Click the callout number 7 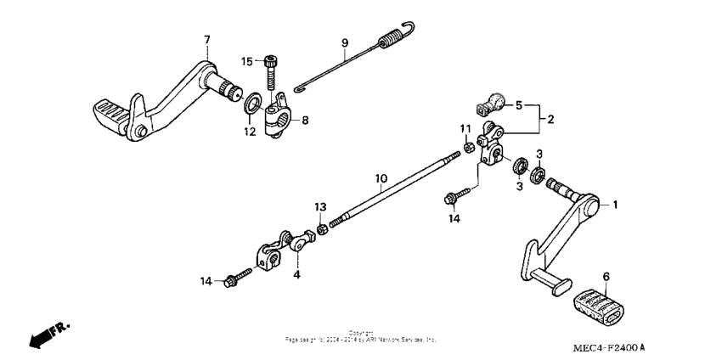[x=205, y=40]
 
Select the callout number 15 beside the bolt [x=246, y=61]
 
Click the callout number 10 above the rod [x=381, y=178]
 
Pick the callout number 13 [x=320, y=207]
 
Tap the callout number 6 [x=606, y=277]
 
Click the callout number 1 [x=616, y=205]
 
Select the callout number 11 [x=465, y=128]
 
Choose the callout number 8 [x=305, y=121]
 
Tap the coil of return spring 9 [x=392, y=40]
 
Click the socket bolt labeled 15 [x=271, y=69]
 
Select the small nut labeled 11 [x=467, y=149]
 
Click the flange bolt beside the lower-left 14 [x=236, y=278]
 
